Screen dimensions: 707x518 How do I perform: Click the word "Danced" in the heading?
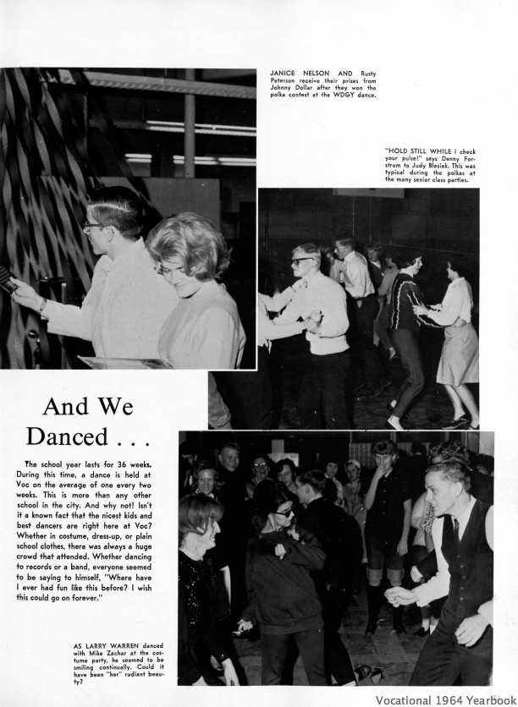(x=67, y=437)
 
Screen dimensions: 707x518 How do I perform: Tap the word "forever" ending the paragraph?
(x=81, y=598)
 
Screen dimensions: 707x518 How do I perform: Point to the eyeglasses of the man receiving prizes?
(x=91, y=226)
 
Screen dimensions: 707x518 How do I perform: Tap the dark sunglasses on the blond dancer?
(x=303, y=261)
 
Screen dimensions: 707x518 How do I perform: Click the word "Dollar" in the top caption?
(x=309, y=87)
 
